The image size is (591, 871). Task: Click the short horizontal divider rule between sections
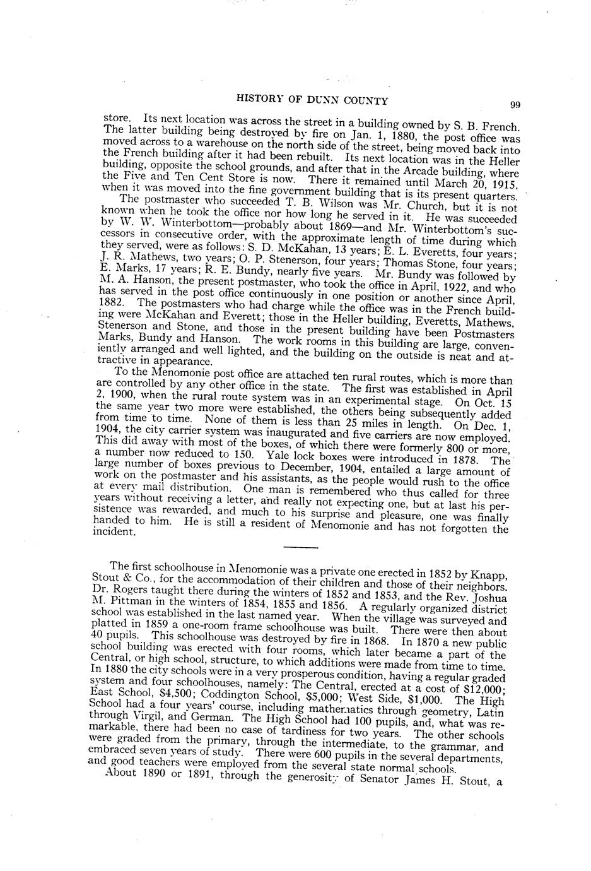pos(301,546)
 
